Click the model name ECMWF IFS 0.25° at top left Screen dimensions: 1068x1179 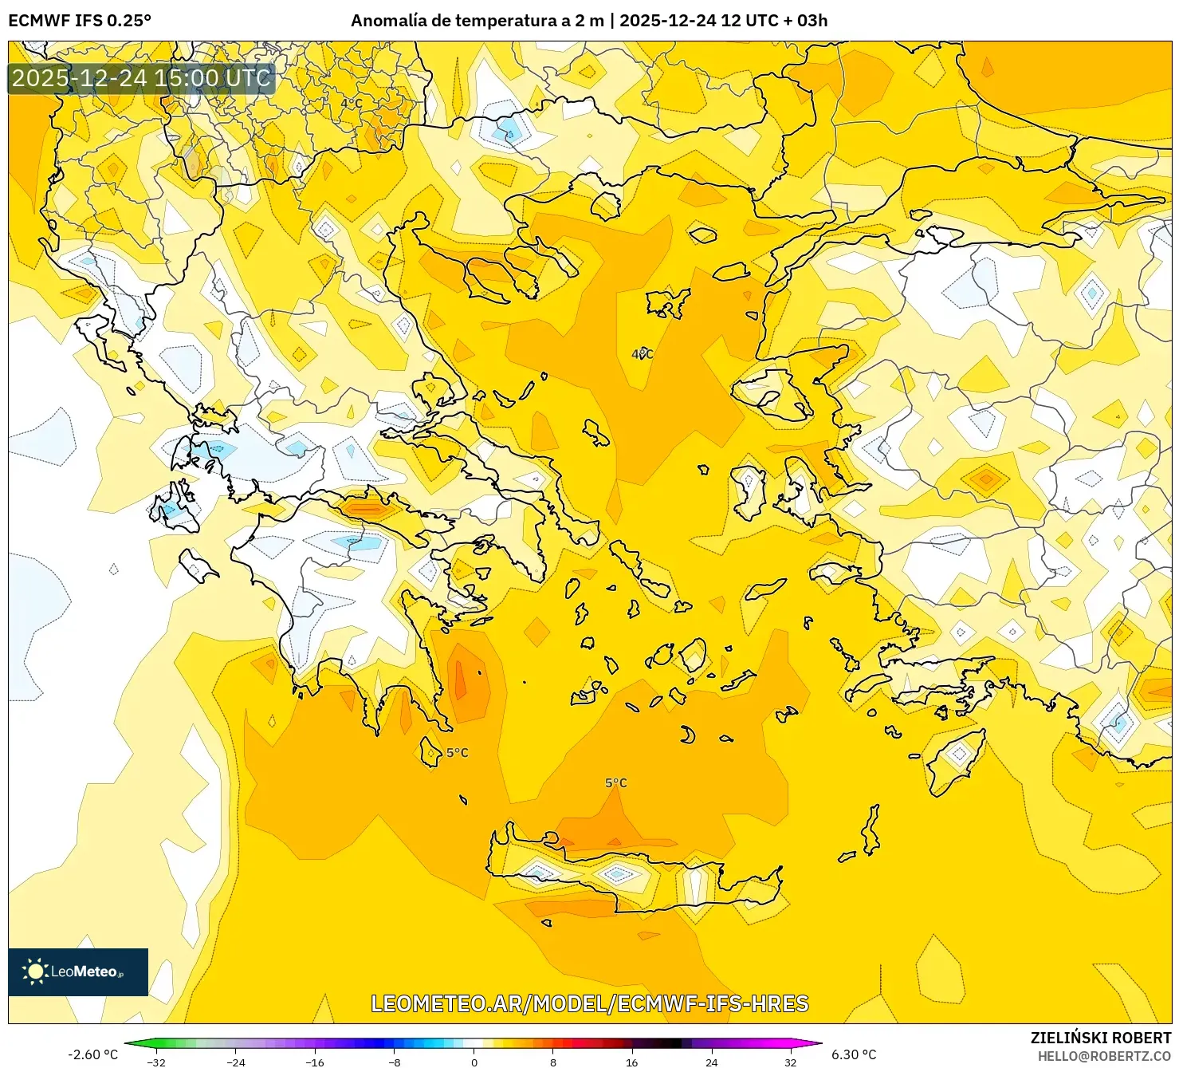pyautogui.click(x=80, y=21)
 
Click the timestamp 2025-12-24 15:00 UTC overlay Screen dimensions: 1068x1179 pyautogui.click(x=141, y=78)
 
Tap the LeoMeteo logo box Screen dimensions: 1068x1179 pyautogui.click(x=78, y=971)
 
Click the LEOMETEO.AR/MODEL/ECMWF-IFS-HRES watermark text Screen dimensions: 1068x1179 pyautogui.click(x=590, y=1003)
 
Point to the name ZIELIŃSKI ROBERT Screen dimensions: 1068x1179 pyautogui.click(x=1100, y=1038)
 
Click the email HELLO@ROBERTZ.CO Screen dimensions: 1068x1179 pyautogui.click(x=1104, y=1055)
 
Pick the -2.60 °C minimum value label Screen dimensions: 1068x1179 pyautogui.click(x=92, y=1054)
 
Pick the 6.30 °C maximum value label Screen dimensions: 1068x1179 pyautogui.click(x=854, y=1054)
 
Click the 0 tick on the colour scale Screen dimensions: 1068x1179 pyautogui.click(x=474, y=1062)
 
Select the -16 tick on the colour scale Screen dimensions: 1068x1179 pyautogui.click(x=315, y=1062)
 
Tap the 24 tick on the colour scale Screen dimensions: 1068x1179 pyautogui.click(x=711, y=1062)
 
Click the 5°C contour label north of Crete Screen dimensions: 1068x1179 pyautogui.click(x=616, y=783)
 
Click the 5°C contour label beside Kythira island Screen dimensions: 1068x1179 pyautogui.click(x=458, y=753)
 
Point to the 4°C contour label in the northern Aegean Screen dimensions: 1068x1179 pyautogui.click(x=643, y=354)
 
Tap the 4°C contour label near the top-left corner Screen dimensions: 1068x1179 pyautogui.click(x=352, y=104)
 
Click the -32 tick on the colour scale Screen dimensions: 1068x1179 pyautogui.click(x=156, y=1062)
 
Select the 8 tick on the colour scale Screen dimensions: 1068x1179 pyautogui.click(x=552, y=1062)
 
